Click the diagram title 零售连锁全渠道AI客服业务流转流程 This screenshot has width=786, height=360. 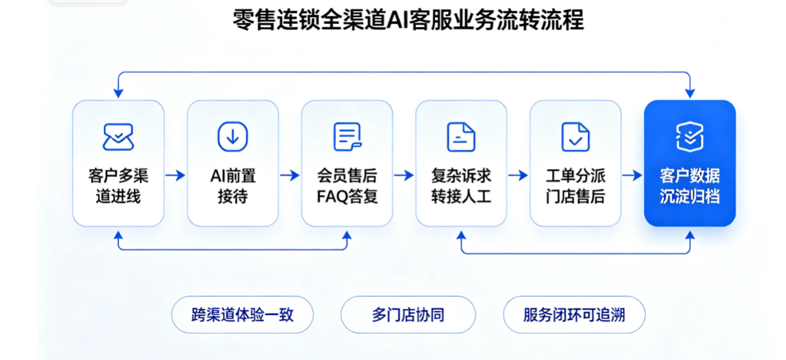pos(408,21)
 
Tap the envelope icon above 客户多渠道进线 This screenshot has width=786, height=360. pos(118,137)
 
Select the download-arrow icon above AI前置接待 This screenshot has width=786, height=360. pos(233,137)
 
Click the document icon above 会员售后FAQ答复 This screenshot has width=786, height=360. pos(347,137)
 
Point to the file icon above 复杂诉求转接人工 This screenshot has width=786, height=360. pos(461,137)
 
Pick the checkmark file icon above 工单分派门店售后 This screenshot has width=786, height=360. pos(575,137)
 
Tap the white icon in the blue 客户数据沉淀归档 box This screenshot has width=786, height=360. pos(690,137)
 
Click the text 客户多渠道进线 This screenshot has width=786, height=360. pos(119,186)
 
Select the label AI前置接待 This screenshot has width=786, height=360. pos(233,186)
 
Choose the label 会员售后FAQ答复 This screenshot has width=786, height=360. pos(347,186)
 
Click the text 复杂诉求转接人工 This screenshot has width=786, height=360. pos(461,186)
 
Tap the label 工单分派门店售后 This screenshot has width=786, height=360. pos(575,186)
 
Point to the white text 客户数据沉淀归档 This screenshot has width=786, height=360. pos(690,186)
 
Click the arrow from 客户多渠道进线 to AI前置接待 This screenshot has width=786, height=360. pos(176,176)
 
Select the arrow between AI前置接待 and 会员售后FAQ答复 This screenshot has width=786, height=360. pos(290,176)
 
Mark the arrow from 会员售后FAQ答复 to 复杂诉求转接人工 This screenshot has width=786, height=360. pos(404,176)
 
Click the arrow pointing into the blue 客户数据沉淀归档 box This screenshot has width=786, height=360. pos(633,176)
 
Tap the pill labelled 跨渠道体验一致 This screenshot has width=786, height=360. pos(243,315)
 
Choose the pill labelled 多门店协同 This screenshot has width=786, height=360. pos(408,315)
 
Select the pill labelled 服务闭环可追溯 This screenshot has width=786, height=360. pos(574,315)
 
